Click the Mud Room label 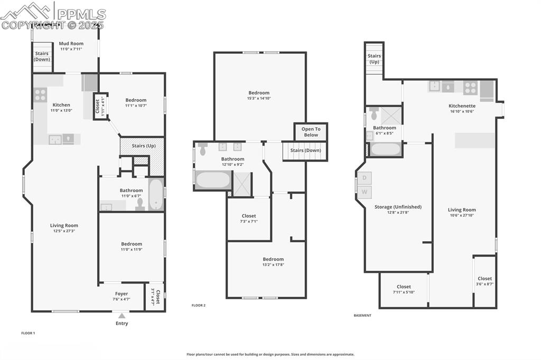pyautogui.click(x=70, y=44)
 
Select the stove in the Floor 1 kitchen pyautogui.click(x=40, y=94)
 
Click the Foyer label pyautogui.click(x=122, y=293)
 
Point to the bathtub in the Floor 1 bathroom pyautogui.click(x=156, y=195)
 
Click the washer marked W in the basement pyautogui.click(x=365, y=192)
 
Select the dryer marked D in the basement pyautogui.click(x=365, y=178)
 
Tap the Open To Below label pyautogui.click(x=311, y=132)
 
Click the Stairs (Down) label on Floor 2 pyautogui.click(x=305, y=150)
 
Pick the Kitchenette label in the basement pyautogui.click(x=462, y=106)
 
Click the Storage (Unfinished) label pyautogui.click(x=398, y=207)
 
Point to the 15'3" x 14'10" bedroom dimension pyautogui.click(x=259, y=98)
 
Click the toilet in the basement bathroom pyautogui.click(x=374, y=113)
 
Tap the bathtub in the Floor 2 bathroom pyautogui.click(x=213, y=179)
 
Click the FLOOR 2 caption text pyautogui.click(x=198, y=305)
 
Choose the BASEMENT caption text pyautogui.click(x=362, y=315)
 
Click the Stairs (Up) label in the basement pyautogui.click(x=374, y=59)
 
